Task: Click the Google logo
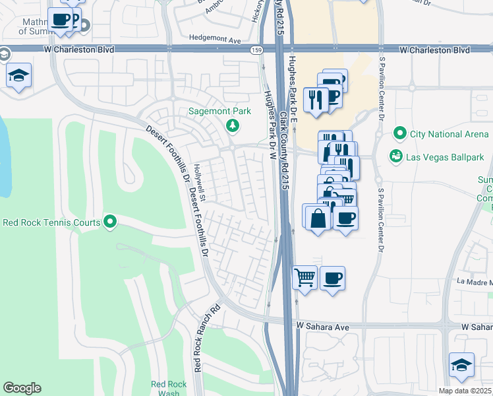point(22,388)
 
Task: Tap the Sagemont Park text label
point(220,112)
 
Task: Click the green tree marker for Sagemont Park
point(232,125)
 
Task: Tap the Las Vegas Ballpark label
point(445,157)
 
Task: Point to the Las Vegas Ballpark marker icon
point(396,156)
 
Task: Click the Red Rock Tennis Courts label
point(51,222)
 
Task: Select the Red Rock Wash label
point(165,388)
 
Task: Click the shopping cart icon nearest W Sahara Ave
point(304,277)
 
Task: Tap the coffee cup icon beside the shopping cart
point(332,277)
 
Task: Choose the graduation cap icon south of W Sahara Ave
point(461,364)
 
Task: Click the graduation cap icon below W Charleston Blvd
point(19,75)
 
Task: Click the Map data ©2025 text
point(464,391)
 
